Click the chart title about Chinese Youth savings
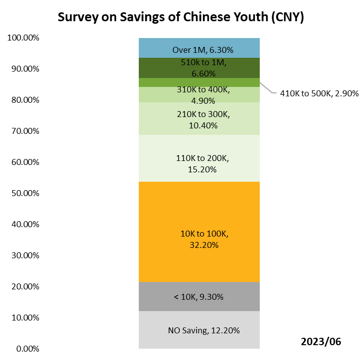(181, 17)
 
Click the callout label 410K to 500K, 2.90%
(319, 93)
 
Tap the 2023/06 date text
(321, 341)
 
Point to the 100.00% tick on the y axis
(23, 38)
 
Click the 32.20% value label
(203, 244)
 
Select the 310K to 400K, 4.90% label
(203, 95)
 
